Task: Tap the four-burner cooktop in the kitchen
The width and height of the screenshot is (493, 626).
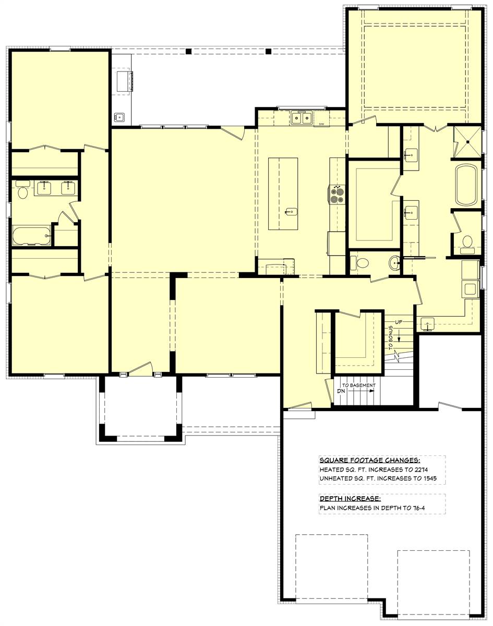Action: [337, 195]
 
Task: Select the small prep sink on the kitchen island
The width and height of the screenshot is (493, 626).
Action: [290, 212]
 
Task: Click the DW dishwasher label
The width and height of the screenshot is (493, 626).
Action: [322, 124]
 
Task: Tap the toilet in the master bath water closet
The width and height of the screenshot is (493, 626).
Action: [467, 242]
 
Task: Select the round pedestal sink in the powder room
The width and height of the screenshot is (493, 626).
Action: [393, 263]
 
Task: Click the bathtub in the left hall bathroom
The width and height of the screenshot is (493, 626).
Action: [31, 236]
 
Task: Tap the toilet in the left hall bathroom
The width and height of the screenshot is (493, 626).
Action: [22, 192]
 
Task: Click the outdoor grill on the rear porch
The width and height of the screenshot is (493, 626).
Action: [125, 82]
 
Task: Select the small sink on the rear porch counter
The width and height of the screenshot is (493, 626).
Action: [120, 117]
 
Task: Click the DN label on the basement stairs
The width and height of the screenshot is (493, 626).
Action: [342, 390]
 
